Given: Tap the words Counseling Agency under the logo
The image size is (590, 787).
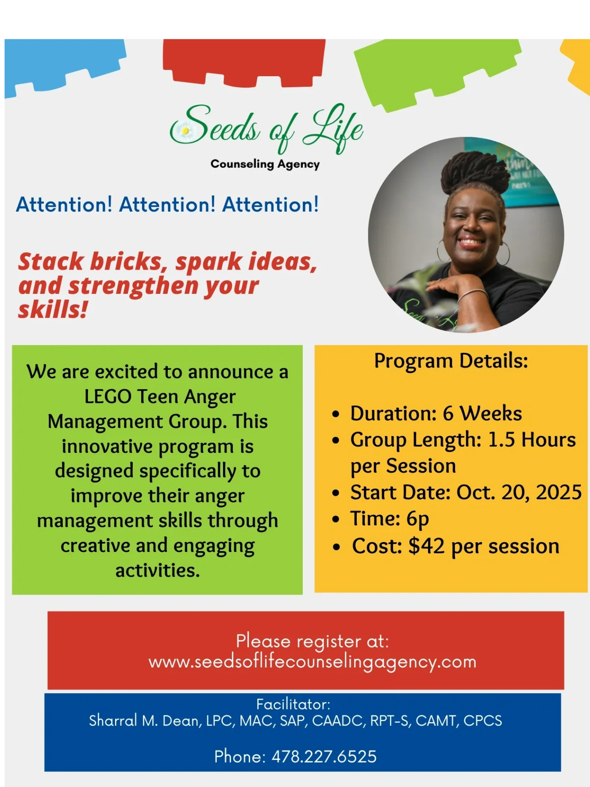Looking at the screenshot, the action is tap(265, 164).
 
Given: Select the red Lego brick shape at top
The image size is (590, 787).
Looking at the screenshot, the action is tap(244, 62).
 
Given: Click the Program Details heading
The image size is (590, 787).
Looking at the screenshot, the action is tap(451, 360).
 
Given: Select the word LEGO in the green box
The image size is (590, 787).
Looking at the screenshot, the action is tap(108, 396).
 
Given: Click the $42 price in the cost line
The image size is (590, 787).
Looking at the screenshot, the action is tap(426, 546).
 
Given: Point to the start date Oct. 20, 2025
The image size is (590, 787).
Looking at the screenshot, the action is tap(519, 492).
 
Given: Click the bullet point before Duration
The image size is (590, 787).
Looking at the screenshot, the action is tap(336, 414).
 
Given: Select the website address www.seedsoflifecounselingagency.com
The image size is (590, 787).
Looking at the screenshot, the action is tap(312, 662).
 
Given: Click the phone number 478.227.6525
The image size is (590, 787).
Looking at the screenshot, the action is tap(324, 756).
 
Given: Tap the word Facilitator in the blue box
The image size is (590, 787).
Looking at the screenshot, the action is tap(293, 704).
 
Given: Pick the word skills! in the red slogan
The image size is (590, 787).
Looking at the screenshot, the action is tap(53, 309).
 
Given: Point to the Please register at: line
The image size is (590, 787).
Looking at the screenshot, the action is tap(312, 641).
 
